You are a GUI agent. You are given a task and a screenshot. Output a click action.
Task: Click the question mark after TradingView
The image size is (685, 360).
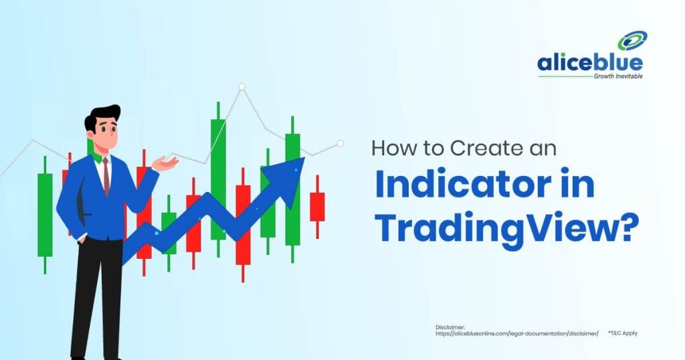click(630, 228)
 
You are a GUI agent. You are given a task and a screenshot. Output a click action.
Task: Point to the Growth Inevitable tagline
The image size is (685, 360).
click(618, 76)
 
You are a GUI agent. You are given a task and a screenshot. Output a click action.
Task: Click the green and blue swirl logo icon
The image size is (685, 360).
click(632, 41)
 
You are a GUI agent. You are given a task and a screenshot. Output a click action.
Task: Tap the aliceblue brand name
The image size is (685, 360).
click(590, 63)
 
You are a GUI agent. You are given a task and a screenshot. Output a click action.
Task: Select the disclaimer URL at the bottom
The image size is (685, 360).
click(517, 333)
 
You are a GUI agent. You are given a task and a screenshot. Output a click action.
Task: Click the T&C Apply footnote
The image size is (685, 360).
click(623, 333)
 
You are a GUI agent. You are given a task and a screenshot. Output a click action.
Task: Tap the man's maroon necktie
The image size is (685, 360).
click(106, 176)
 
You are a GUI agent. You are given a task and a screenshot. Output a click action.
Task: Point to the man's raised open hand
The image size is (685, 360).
click(165, 163)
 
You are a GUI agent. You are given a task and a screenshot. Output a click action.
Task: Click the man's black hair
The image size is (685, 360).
click(102, 116)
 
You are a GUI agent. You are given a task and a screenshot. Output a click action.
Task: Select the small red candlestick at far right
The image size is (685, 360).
click(317, 207)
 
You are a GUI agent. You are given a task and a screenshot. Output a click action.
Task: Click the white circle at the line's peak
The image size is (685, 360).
click(241, 86)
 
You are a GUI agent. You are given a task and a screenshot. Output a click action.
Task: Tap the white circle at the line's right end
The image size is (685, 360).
click(340, 143)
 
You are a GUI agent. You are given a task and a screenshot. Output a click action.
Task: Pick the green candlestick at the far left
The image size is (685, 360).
click(45, 215)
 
